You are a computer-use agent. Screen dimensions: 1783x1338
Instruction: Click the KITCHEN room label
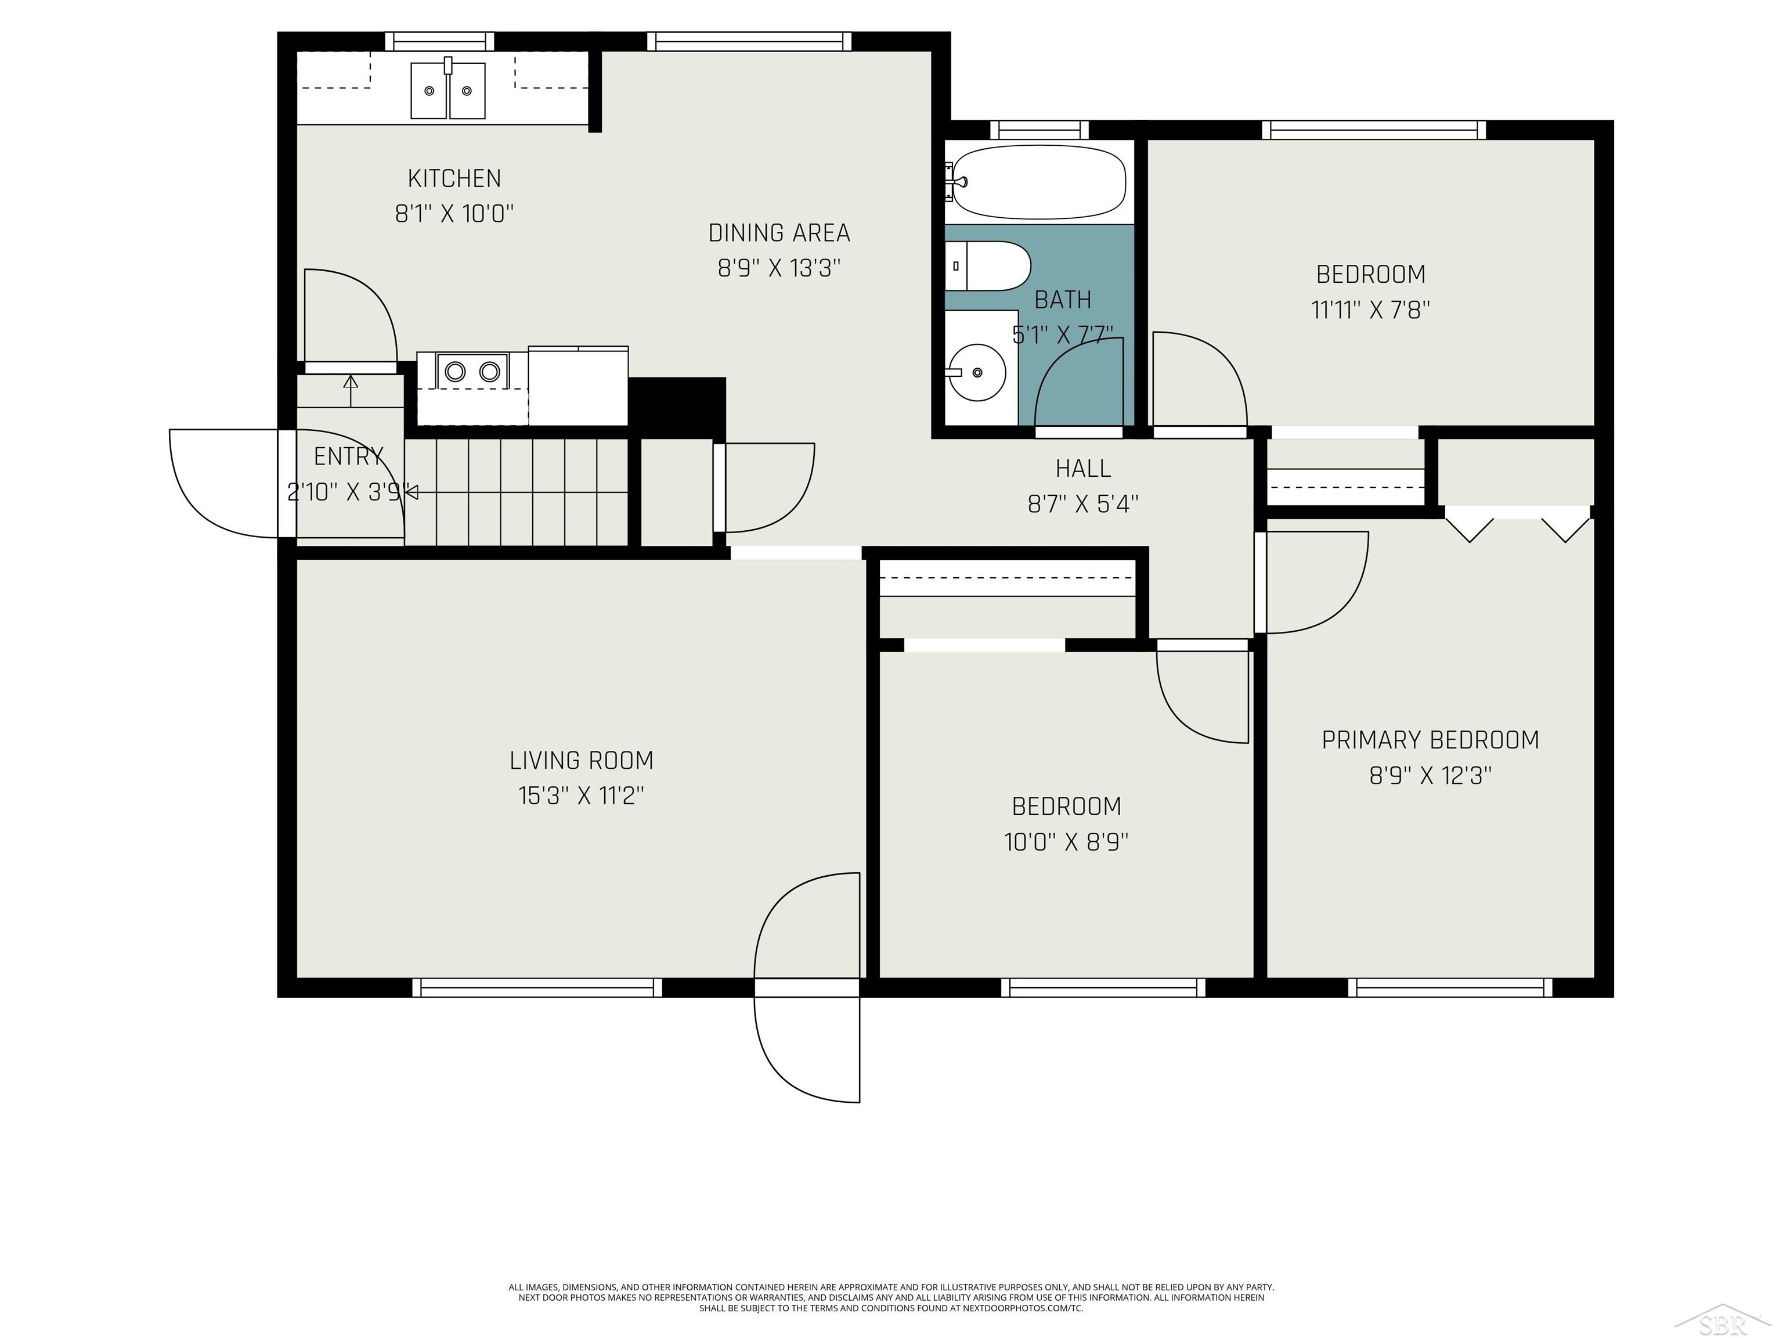(454, 178)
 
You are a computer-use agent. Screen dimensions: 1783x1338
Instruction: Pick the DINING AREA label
(779, 233)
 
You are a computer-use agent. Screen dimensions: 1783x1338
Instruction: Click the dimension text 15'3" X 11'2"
(581, 796)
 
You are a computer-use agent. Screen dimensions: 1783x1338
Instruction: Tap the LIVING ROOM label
(581, 761)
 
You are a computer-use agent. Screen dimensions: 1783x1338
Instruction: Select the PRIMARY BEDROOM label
(1430, 740)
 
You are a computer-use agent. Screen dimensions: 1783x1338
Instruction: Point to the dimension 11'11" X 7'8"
(1370, 310)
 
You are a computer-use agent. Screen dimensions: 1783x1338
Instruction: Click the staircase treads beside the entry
(516, 492)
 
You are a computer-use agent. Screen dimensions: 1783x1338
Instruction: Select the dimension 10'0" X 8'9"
(1066, 842)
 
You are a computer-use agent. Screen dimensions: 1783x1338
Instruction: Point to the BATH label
(1062, 300)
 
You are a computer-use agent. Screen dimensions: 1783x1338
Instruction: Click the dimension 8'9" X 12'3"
(1430, 776)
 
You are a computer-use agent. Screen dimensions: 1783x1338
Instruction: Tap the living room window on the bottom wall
(537, 987)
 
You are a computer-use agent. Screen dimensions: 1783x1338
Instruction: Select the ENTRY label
(348, 456)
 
